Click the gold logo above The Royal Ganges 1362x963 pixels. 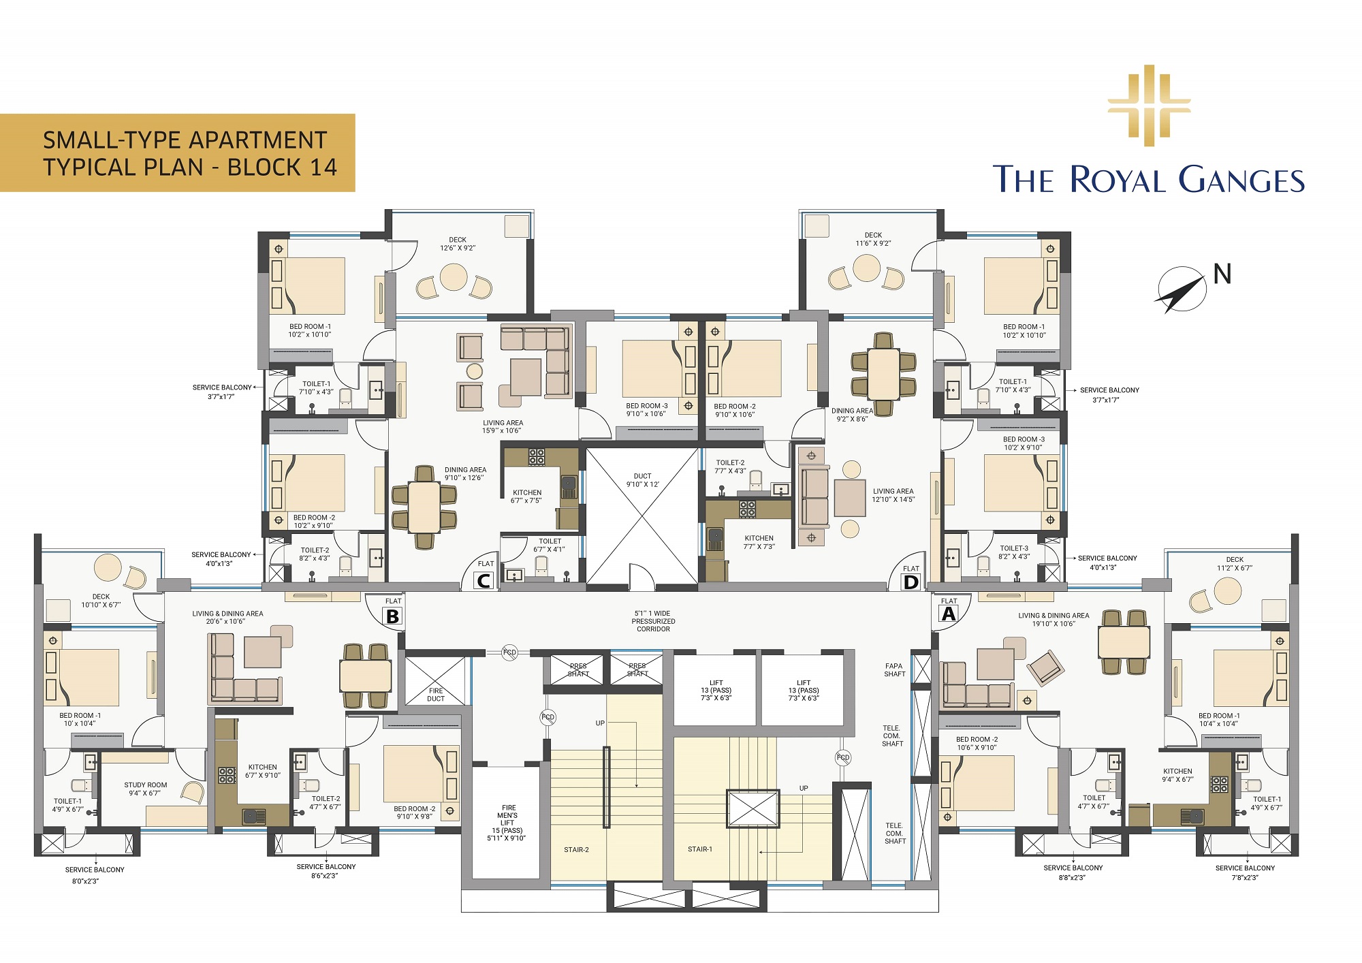click(x=1149, y=106)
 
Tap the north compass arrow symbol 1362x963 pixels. click(x=1180, y=290)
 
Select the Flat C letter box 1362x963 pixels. click(x=484, y=581)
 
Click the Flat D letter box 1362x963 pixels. click(x=910, y=582)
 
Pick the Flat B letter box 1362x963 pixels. click(x=393, y=616)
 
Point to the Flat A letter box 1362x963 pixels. click(x=948, y=614)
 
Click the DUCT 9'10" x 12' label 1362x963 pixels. click(x=642, y=480)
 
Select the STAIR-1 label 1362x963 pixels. click(x=700, y=849)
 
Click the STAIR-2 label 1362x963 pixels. click(x=576, y=850)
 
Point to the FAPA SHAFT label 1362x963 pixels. click(x=894, y=670)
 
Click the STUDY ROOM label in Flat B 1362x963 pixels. click(x=145, y=789)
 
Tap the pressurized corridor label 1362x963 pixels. click(x=653, y=621)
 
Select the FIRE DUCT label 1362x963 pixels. click(x=436, y=695)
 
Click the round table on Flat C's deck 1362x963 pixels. click(x=454, y=277)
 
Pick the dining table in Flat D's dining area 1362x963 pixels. click(x=883, y=374)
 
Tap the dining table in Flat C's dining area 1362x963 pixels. click(x=424, y=507)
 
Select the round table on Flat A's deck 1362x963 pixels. click(x=1228, y=590)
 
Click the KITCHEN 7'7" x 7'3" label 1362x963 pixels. click(x=759, y=542)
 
